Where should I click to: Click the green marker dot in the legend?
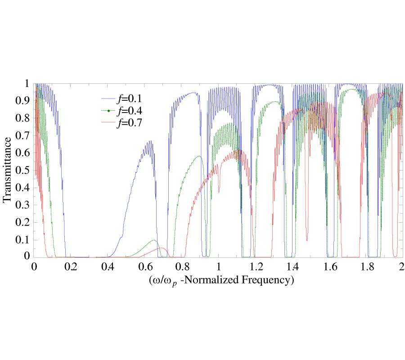109,111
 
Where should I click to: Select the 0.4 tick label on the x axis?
108,267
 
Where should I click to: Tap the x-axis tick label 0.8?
182,267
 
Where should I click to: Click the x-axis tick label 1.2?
256,267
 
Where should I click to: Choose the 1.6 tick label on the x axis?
329,267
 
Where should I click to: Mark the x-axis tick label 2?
402,267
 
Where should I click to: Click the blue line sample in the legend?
109,98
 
